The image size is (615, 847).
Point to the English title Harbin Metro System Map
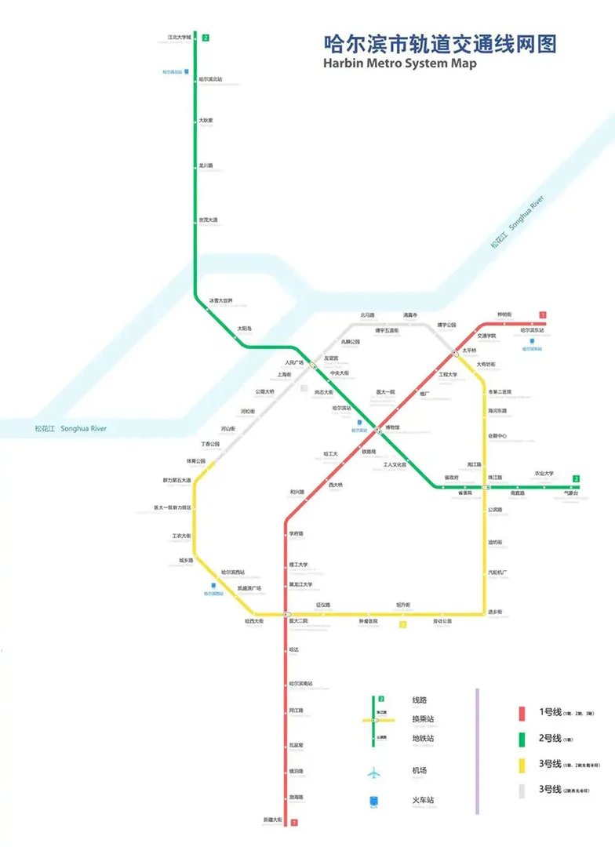pos(399,64)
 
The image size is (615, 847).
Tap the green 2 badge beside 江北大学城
pos(206,38)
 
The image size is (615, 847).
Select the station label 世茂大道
pos(209,220)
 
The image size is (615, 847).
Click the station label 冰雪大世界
pos(220,300)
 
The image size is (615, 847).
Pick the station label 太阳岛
pos(245,328)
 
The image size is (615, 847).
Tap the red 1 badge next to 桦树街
pos(542,315)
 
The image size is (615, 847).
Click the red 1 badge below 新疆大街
pos(294,823)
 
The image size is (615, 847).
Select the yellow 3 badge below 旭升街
pos(402,625)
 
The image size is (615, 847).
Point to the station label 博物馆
pos(391,427)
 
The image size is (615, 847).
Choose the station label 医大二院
pos(299,621)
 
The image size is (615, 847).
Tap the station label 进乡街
pos(495,611)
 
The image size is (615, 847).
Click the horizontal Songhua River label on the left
pos(71,429)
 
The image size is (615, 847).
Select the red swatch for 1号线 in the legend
pos(521,713)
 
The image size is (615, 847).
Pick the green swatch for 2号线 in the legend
pos(521,738)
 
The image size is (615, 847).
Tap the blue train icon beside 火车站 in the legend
pos(374,802)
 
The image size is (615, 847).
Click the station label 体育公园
pos(195,460)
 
